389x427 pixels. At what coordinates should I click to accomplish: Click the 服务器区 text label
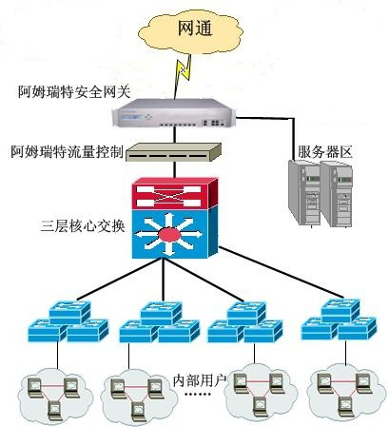click(x=324, y=150)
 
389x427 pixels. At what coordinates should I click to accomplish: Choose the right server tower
click(x=340, y=191)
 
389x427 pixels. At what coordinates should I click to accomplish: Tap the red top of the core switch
click(x=170, y=195)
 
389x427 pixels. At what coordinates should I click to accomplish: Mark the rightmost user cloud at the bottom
click(x=343, y=392)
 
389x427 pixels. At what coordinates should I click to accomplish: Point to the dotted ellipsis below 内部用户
click(x=198, y=395)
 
